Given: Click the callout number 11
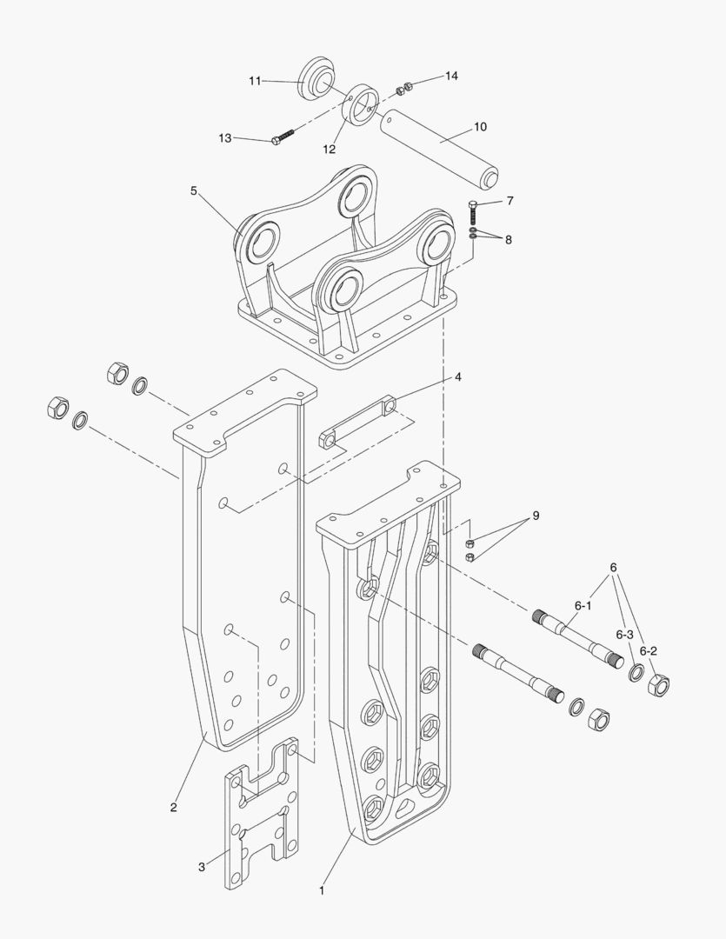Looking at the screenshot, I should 255,81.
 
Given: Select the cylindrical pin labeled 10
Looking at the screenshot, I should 439,143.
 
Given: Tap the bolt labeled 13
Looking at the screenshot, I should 283,137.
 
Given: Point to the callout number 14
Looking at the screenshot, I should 451,77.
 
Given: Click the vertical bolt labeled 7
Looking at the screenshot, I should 472,211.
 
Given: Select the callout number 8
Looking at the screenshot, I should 509,239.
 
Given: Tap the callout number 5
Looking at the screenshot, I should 194,190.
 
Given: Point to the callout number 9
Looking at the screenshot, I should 536,516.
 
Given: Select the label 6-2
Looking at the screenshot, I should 648,650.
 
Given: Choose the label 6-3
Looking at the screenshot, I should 625,634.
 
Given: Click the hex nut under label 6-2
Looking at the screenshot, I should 659,686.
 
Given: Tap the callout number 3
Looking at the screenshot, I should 201,867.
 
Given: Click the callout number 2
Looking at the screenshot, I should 174,808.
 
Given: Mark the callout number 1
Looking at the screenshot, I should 322,890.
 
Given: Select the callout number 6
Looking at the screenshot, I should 614,568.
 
